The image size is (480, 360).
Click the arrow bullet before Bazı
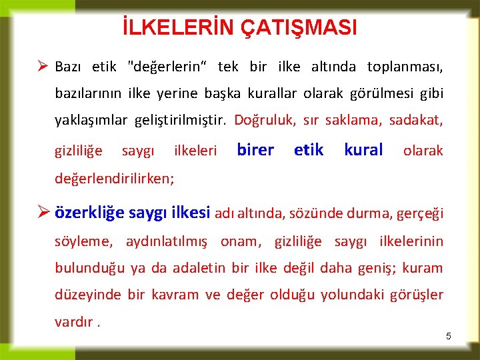click(42, 67)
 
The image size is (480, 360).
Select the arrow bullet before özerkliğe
click(42, 213)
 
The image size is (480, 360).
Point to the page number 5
click(449, 337)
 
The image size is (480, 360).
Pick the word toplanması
click(405, 67)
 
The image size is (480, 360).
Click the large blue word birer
click(255, 150)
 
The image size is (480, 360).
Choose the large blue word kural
click(363, 150)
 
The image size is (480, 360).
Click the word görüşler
click(416, 295)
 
